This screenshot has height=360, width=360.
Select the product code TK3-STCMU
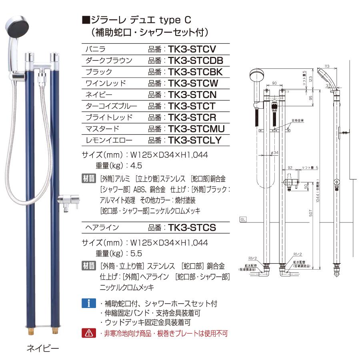coord(196,129)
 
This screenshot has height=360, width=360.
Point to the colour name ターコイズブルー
coord(112,106)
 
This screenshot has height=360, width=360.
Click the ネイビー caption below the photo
coord(43,348)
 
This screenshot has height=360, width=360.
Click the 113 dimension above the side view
coord(327,66)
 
